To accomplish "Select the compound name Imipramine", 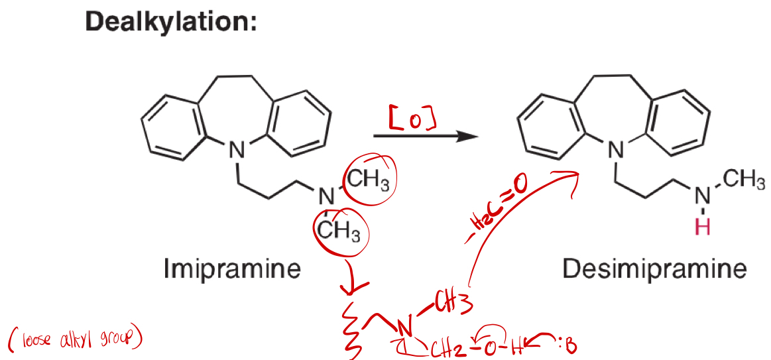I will pos(232,269).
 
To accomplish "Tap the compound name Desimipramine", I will pos(654,269).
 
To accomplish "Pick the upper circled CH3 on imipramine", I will pos(371,178).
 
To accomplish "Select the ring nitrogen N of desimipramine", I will pos(617,152).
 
